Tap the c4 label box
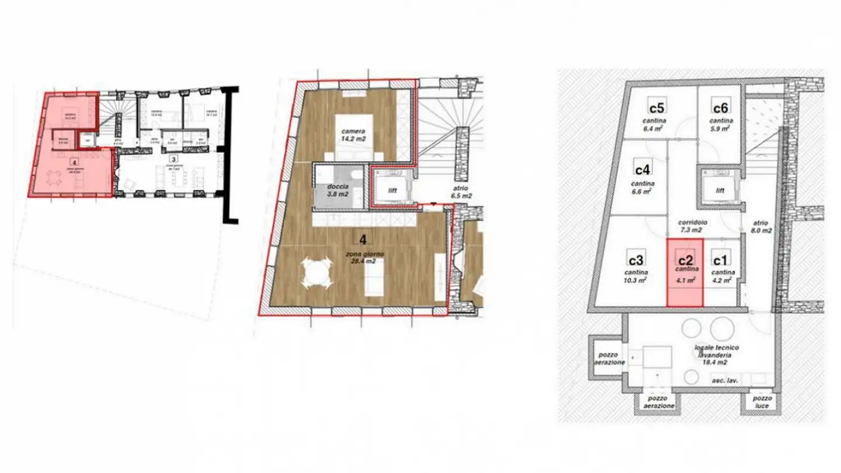(x=642, y=169)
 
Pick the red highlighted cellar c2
(x=685, y=272)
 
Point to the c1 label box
(x=720, y=258)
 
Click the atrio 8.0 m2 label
(x=762, y=227)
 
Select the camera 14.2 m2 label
(x=354, y=135)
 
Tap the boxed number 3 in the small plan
(x=173, y=158)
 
